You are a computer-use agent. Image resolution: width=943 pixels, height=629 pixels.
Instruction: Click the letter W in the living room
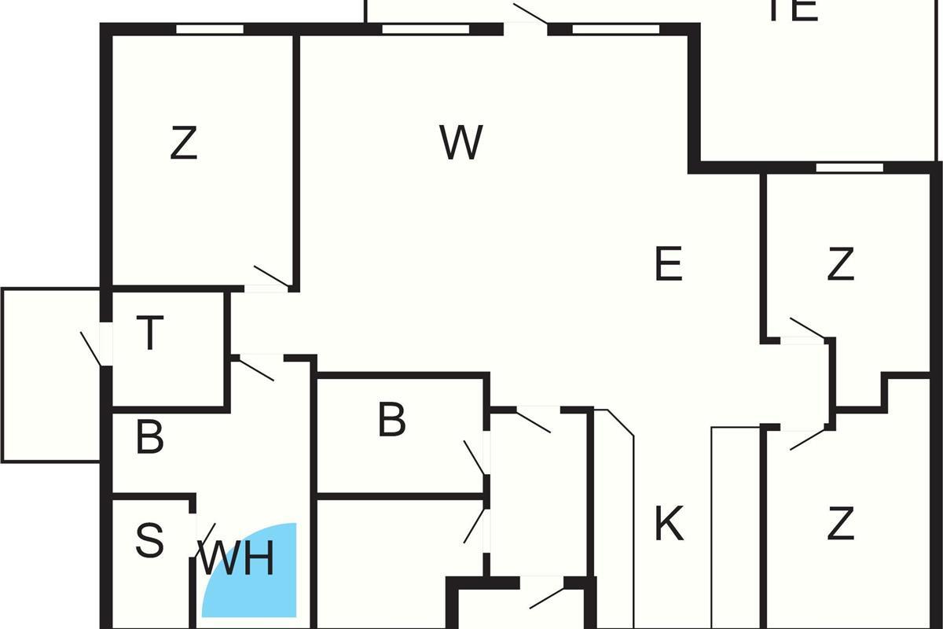point(460,143)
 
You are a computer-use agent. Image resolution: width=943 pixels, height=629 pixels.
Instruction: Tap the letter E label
point(668,264)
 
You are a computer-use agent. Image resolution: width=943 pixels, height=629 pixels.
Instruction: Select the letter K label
point(669,524)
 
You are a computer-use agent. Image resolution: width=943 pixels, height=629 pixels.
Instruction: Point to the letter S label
point(149,541)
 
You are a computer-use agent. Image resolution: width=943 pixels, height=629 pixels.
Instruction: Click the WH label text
point(237,561)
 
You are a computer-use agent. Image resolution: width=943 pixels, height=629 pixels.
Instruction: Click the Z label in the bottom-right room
point(841,524)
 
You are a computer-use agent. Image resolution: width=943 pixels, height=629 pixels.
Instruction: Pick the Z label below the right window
point(841,265)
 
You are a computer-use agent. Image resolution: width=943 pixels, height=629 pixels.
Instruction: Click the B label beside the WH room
point(149,438)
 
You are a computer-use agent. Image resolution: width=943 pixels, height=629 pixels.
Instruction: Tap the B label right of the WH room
point(391,420)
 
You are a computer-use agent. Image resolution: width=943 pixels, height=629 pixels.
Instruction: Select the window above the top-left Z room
point(209,29)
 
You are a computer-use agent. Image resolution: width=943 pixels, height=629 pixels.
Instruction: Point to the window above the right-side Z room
point(849,167)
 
